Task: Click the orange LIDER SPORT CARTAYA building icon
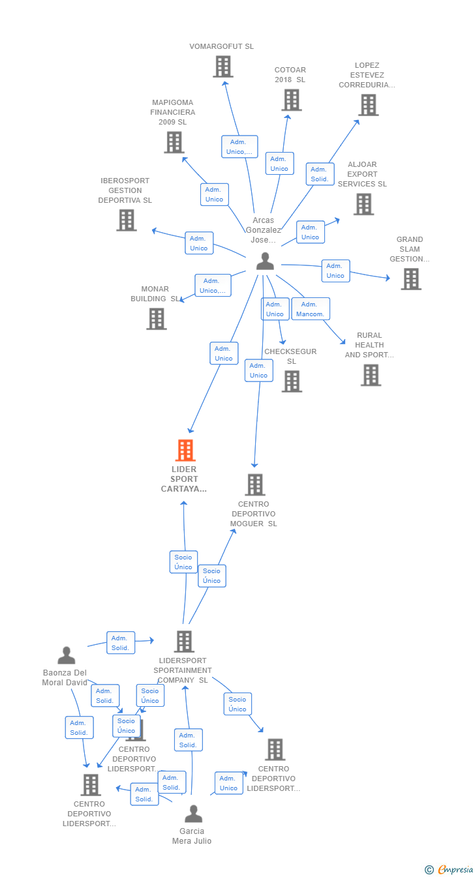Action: point(185,451)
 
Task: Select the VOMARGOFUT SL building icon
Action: point(222,67)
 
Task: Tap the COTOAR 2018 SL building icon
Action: point(291,100)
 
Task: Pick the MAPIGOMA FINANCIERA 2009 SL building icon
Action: point(174,142)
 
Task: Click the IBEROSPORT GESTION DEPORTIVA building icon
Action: point(126,220)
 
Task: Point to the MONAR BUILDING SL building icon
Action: point(156,319)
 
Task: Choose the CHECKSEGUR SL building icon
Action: point(291,381)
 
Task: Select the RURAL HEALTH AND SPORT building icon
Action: point(371,375)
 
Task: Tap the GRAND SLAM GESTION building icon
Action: point(410,279)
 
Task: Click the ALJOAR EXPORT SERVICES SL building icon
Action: point(363,204)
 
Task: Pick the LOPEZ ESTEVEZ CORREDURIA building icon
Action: point(368,105)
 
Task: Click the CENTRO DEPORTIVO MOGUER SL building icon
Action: point(254,485)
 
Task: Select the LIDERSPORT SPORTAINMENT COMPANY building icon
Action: point(184,642)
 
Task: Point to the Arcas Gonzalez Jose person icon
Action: point(265,261)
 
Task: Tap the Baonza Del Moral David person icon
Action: point(66,655)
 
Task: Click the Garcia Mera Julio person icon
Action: point(193,814)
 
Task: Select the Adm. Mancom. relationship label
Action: point(310,309)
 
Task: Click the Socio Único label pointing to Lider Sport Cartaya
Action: point(183,562)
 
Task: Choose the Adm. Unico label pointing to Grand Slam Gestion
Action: point(335,271)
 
